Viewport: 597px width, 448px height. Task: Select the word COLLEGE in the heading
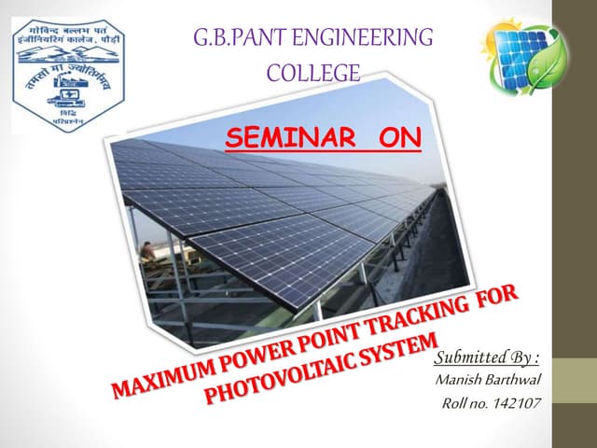312,71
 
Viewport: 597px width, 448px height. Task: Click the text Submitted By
486,359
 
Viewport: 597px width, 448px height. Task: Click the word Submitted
470,359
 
